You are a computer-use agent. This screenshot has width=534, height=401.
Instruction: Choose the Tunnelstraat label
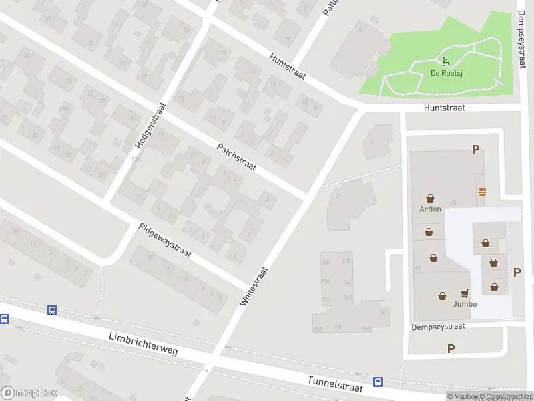(x=335, y=383)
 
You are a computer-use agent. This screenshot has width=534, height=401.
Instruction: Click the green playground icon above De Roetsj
(x=445, y=63)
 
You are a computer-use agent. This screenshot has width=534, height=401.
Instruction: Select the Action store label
(x=430, y=209)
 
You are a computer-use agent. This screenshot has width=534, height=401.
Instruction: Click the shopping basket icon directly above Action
(x=430, y=198)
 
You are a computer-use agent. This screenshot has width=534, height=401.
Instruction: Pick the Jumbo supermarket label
(x=465, y=304)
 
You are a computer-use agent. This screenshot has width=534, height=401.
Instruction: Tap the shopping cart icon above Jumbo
(x=465, y=293)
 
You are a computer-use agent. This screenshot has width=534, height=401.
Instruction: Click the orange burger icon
(x=482, y=192)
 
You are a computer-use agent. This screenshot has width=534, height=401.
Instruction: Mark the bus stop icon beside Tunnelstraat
(x=378, y=382)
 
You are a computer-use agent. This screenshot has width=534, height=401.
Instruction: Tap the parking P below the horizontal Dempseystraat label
(x=451, y=348)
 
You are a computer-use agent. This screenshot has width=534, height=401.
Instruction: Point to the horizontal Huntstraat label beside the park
(x=443, y=107)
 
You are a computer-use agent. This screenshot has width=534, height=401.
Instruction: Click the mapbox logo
(x=29, y=393)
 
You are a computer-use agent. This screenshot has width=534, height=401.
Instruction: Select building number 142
(x=348, y=297)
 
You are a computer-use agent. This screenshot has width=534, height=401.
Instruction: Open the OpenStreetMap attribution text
(x=505, y=397)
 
